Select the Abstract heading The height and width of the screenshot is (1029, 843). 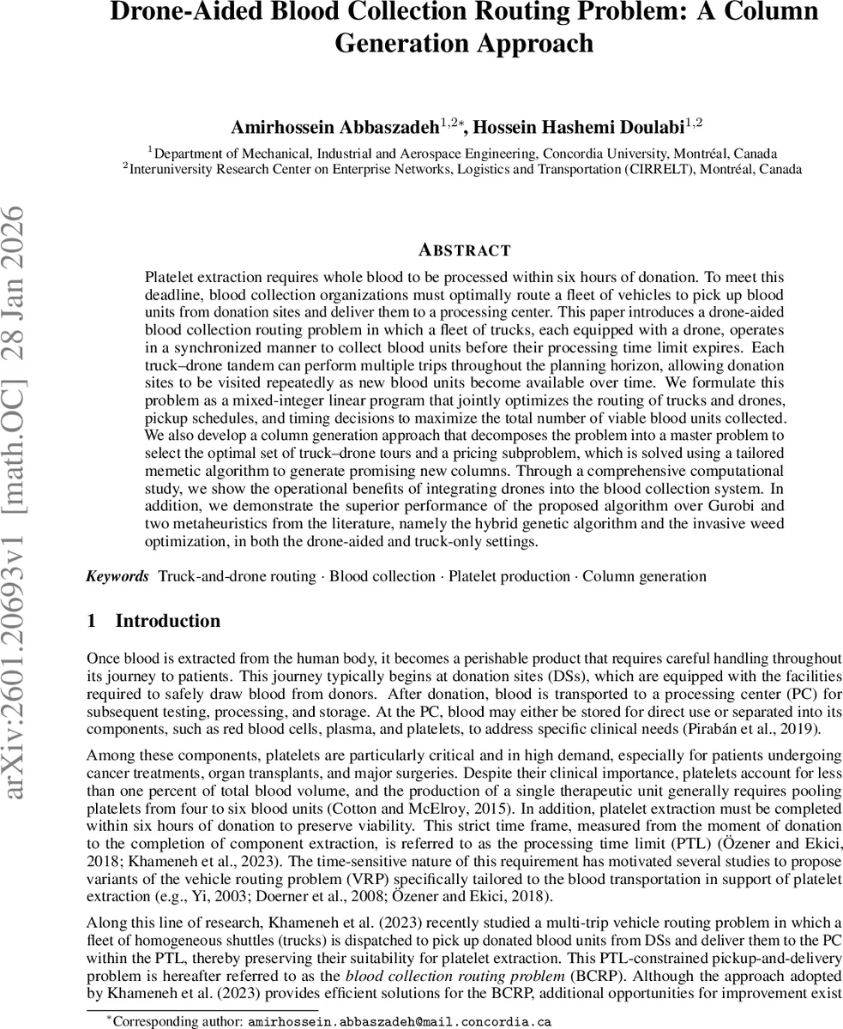[464, 250]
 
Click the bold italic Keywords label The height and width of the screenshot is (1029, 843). [117, 576]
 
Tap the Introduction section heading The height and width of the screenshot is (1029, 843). [167, 621]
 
